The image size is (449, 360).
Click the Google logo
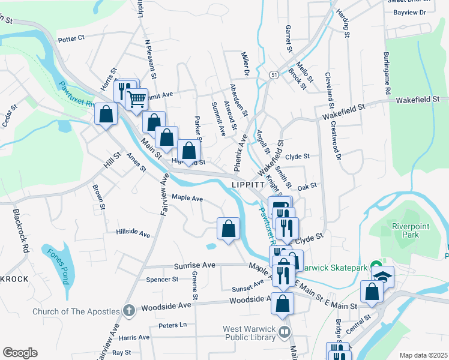click(x=20, y=353)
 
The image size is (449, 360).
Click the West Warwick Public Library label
click(x=250, y=333)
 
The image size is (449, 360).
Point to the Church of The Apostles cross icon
click(x=128, y=311)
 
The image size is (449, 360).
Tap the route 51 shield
click(x=274, y=74)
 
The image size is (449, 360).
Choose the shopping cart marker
click(x=137, y=98)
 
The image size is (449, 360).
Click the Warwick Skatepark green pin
click(x=376, y=265)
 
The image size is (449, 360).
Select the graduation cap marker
click(x=382, y=276)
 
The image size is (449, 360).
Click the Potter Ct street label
click(x=71, y=38)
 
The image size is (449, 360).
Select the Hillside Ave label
click(x=133, y=232)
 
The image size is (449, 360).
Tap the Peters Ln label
click(x=172, y=325)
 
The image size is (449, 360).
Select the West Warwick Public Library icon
click(x=285, y=331)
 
